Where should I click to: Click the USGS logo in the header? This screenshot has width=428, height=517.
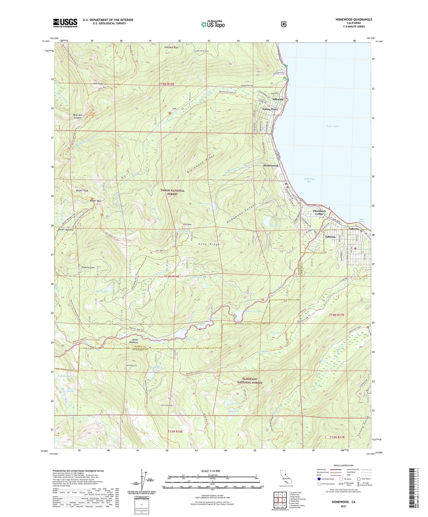(x=65, y=23)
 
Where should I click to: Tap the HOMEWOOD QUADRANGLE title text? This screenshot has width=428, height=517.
(x=354, y=20)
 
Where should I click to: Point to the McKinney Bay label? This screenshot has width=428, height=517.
(x=309, y=180)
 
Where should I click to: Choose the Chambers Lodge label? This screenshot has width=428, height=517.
(x=319, y=212)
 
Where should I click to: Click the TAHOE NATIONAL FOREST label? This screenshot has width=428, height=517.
(x=172, y=192)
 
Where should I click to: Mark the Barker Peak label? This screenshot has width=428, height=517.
(x=82, y=191)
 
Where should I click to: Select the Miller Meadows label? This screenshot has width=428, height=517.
(x=134, y=341)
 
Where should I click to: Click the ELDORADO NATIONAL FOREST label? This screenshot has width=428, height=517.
(x=252, y=381)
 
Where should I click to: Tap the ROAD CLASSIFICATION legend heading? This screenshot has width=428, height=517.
(x=343, y=465)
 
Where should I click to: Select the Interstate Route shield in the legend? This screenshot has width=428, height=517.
(x=319, y=479)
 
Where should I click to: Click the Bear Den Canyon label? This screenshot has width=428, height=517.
(x=78, y=116)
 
